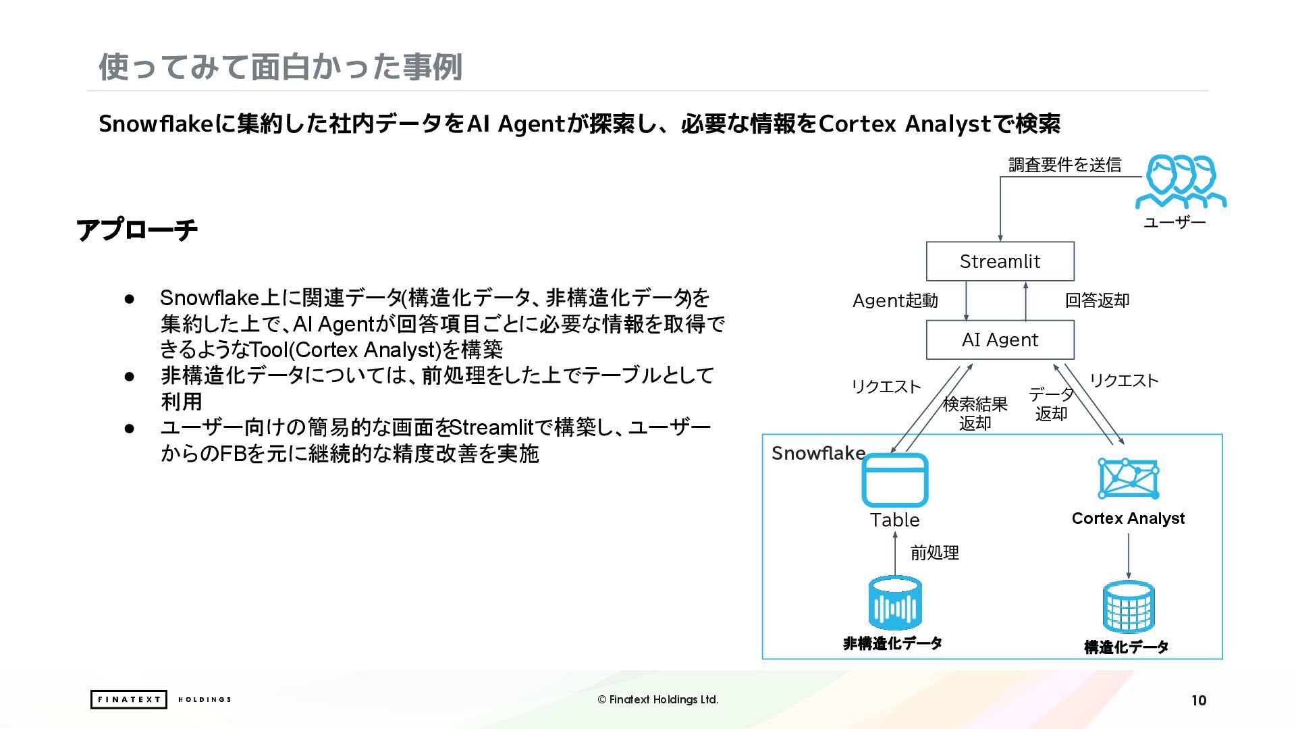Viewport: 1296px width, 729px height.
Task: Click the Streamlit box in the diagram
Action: pyautogui.click(x=1000, y=261)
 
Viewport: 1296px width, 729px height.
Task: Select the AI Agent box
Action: pyautogui.click(x=1000, y=340)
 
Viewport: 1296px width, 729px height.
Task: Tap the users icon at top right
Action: pyautogui.click(x=1180, y=181)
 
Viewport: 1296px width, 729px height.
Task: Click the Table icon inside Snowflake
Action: pyautogui.click(x=895, y=480)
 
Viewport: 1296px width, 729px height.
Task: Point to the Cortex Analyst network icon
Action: pyautogui.click(x=1128, y=479)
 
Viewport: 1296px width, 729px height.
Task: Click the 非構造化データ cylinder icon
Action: pyautogui.click(x=894, y=603)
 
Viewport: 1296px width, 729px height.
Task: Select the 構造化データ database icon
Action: pyautogui.click(x=1128, y=607)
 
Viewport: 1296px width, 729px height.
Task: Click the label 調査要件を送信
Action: pyautogui.click(x=1064, y=165)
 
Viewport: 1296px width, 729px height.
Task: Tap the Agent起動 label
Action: pyautogui.click(x=895, y=300)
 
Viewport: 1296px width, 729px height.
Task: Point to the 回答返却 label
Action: pyautogui.click(x=1097, y=300)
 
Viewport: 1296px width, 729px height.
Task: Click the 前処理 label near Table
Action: pyautogui.click(x=934, y=553)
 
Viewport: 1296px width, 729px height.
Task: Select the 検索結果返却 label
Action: pyautogui.click(x=975, y=413)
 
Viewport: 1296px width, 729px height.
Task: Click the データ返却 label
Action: pyautogui.click(x=1051, y=404)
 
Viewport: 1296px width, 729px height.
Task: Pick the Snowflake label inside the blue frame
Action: pyautogui.click(x=818, y=453)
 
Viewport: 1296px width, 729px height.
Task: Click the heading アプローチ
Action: pyautogui.click(x=137, y=230)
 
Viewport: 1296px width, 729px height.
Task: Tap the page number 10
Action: pyautogui.click(x=1198, y=700)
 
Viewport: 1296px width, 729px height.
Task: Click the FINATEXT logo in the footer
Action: pyautogui.click(x=128, y=699)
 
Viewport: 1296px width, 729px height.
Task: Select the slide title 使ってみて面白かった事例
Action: pyautogui.click(x=280, y=67)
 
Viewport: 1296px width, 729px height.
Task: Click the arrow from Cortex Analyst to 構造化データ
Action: pyautogui.click(x=1128, y=556)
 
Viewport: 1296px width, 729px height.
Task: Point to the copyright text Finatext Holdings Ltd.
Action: pyautogui.click(x=658, y=699)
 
